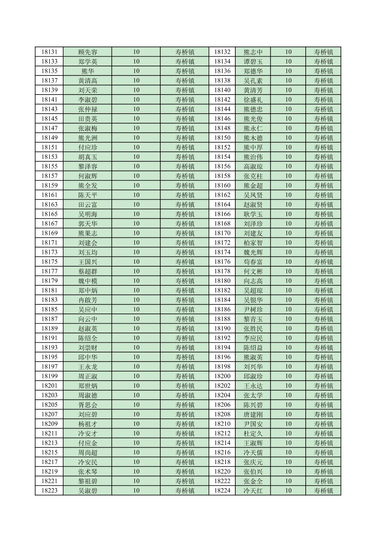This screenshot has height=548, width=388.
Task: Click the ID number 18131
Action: tap(49, 52)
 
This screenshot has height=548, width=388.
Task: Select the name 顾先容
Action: tap(88, 52)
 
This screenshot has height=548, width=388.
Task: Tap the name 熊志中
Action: tap(253, 52)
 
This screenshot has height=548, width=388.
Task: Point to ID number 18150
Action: tap(222, 138)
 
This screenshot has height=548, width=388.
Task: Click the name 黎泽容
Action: tap(88, 166)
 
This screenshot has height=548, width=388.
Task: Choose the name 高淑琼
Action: tap(253, 166)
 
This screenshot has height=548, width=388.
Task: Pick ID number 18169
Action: tap(49, 233)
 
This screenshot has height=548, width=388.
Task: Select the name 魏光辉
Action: tap(253, 252)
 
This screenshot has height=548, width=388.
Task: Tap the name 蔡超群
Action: tap(88, 271)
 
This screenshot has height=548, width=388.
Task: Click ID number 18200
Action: tap(222, 376)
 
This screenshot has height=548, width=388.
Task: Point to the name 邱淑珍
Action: tap(253, 376)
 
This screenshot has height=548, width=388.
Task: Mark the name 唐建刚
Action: tap(253, 415)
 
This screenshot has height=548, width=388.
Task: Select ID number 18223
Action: tap(49, 491)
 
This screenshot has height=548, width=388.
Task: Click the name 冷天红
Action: tap(253, 491)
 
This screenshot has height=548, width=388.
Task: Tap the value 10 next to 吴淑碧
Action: tap(136, 491)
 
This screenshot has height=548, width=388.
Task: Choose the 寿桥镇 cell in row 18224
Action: tap(323, 491)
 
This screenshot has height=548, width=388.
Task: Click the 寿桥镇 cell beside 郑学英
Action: tap(185, 62)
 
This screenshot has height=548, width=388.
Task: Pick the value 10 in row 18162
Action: tap(288, 195)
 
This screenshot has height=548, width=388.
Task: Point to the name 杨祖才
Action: tap(88, 424)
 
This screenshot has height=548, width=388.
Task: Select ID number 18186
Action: tap(222, 310)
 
